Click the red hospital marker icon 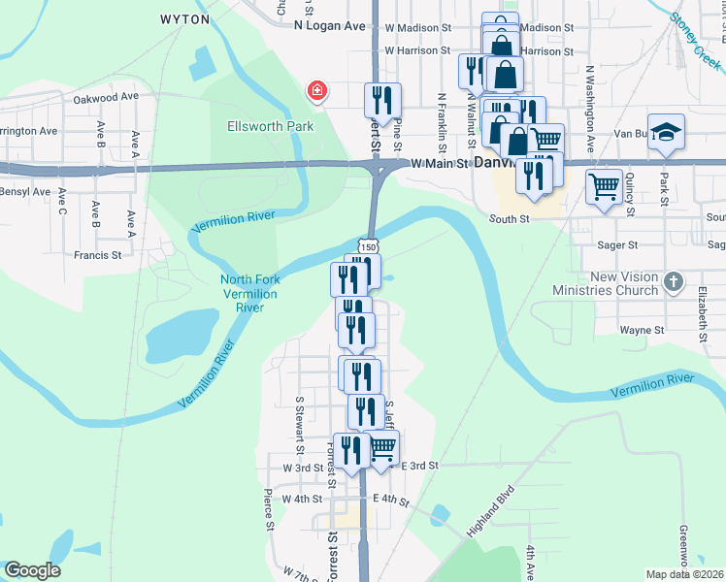pyautogui.click(x=316, y=92)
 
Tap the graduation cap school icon pyautogui.click(x=666, y=132)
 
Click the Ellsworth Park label pyautogui.click(x=256, y=126)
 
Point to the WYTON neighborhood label pyautogui.click(x=184, y=19)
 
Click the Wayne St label pyautogui.click(x=642, y=330)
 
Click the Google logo pyautogui.click(x=32, y=570)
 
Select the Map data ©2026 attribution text pyautogui.click(x=684, y=574)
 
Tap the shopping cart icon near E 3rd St pyautogui.click(x=382, y=447)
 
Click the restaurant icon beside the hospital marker pyautogui.click(x=382, y=99)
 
